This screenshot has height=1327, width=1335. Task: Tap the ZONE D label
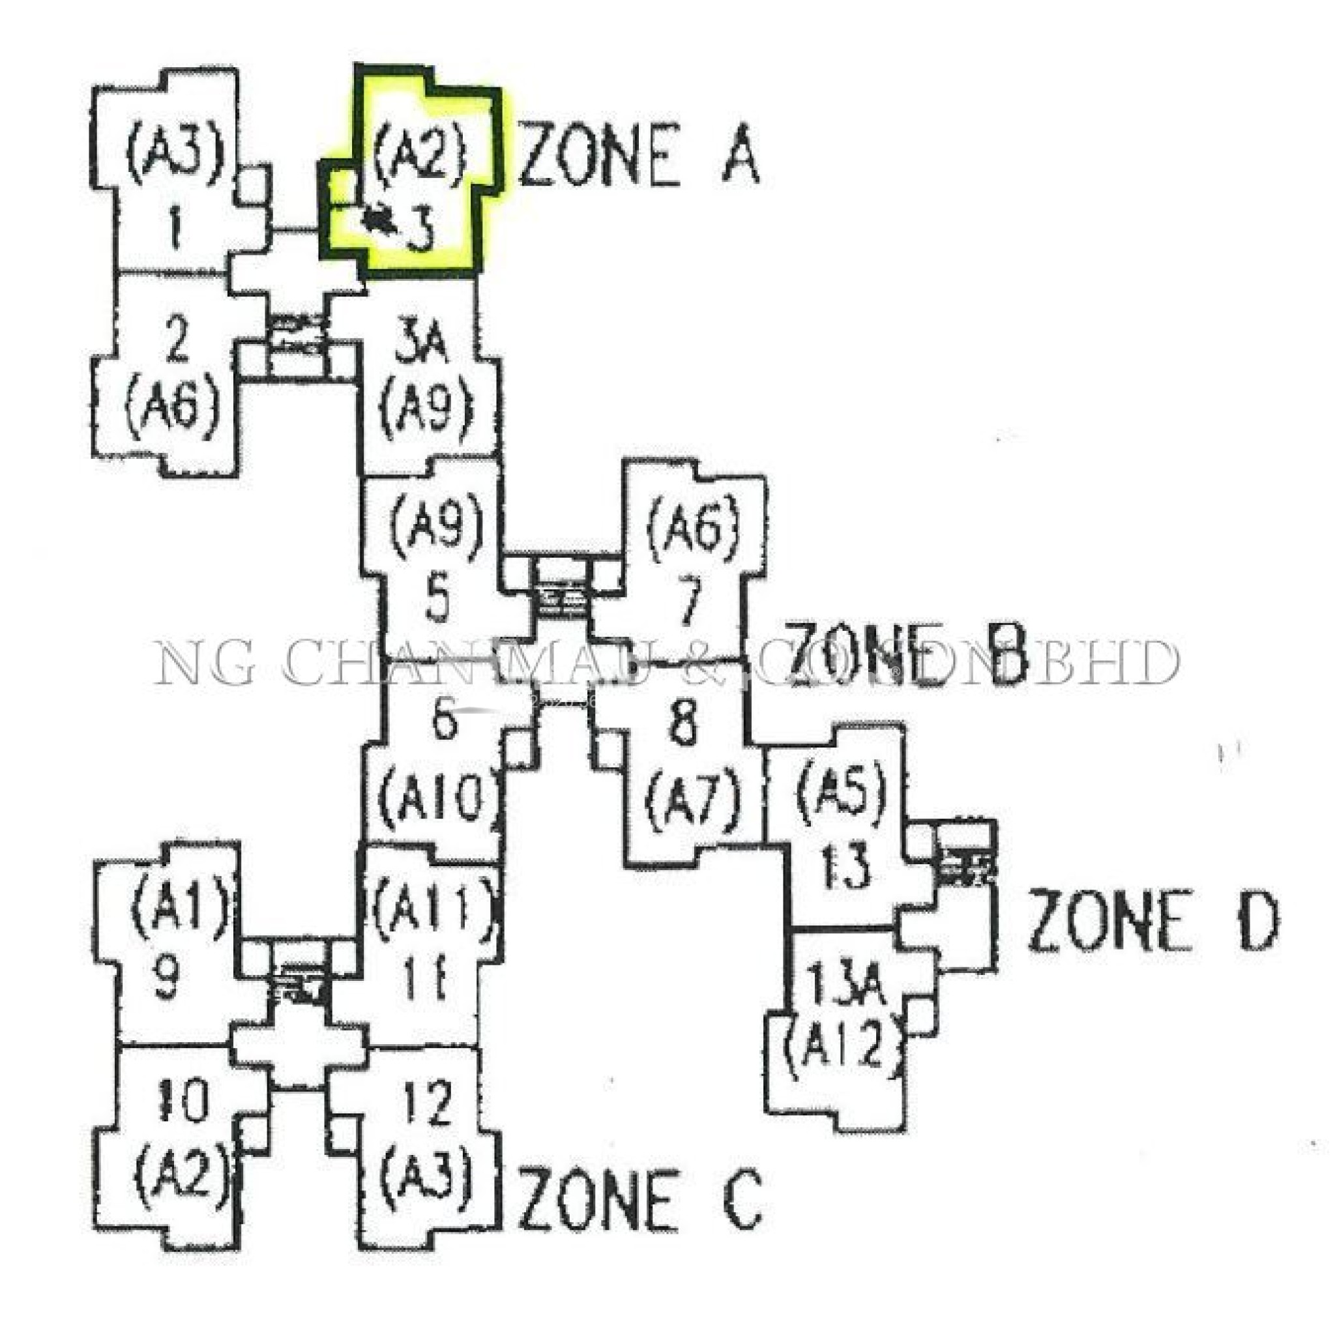[x=1152, y=920]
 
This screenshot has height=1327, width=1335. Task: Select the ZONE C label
[x=640, y=1199]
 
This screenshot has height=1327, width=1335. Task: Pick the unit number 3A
[x=423, y=347]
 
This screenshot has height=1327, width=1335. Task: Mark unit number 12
[x=428, y=1103]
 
